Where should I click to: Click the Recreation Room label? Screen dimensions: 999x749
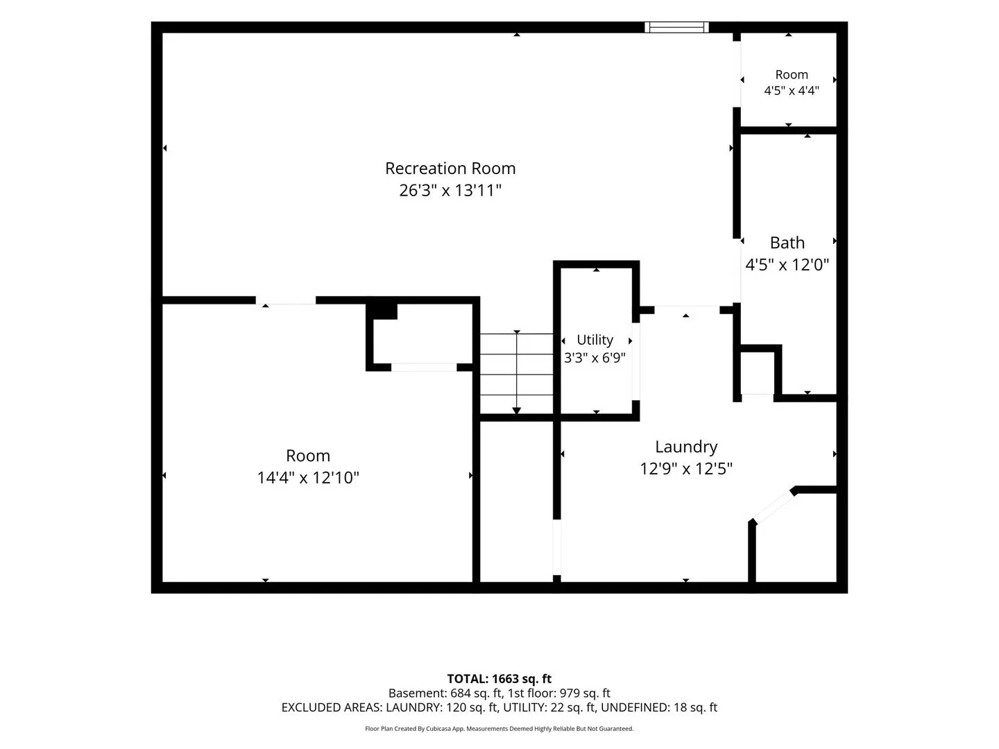click(450, 169)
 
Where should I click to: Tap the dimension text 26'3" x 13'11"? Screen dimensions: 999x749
click(450, 190)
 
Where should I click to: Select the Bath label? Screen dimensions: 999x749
click(787, 243)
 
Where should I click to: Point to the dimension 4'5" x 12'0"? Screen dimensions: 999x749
click(787, 264)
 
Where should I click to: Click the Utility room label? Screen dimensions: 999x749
click(595, 340)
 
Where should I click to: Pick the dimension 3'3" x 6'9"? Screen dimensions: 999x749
click(595, 357)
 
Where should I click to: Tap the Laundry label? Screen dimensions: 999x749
click(686, 447)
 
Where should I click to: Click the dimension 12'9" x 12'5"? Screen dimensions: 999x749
click(686, 468)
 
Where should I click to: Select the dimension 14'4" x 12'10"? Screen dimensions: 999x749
click(308, 478)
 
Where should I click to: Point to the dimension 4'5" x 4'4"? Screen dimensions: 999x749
click(791, 90)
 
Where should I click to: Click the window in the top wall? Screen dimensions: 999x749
click(676, 27)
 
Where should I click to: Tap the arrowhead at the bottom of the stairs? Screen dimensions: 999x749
click(517, 411)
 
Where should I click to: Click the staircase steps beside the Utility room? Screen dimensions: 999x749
click(517, 373)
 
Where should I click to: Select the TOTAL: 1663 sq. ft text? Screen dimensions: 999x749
click(499, 678)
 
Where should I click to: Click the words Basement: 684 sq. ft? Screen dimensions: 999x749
click(445, 693)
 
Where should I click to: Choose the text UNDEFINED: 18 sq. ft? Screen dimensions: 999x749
click(659, 707)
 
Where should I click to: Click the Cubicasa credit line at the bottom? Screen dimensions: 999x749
click(499, 728)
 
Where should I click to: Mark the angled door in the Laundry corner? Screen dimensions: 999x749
click(773, 506)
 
